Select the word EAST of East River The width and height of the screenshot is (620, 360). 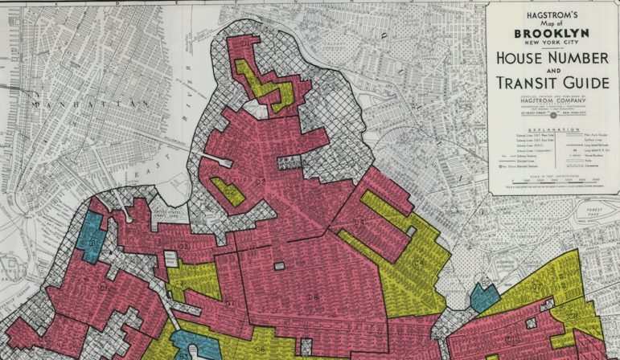tap(166, 163)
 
